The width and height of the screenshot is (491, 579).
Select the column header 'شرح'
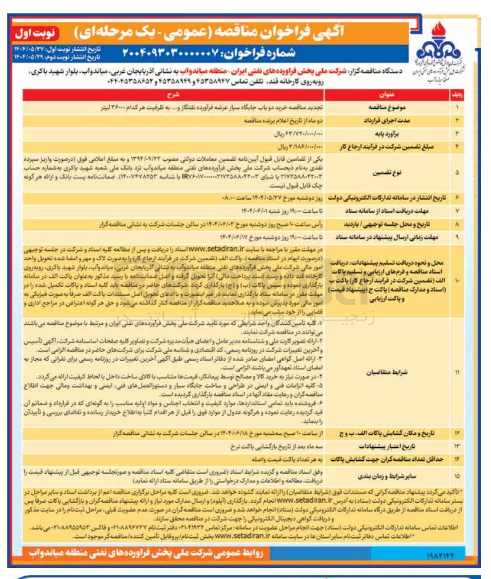pyautogui.click(x=173, y=95)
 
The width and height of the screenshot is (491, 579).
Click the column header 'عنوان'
pyautogui.click(x=386, y=95)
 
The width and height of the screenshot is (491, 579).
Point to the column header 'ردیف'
pyautogui.click(x=457, y=95)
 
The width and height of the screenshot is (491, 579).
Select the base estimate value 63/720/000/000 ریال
pyautogui.click(x=298, y=134)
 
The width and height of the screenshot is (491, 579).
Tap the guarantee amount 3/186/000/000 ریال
pyautogui.click(x=300, y=147)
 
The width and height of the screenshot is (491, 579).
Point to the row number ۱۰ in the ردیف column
pyautogui.click(x=457, y=281)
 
